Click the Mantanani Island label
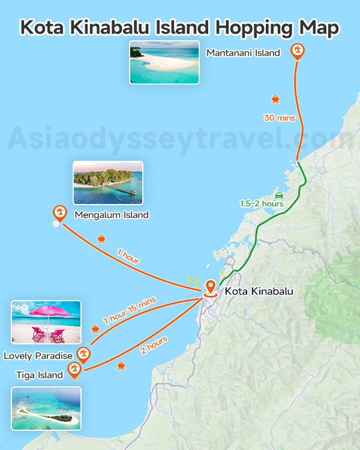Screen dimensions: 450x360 click(x=243, y=53)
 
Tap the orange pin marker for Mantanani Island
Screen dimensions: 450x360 click(x=297, y=51)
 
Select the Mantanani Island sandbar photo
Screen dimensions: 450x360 click(x=164, y=62)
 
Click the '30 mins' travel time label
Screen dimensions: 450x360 click(x=280, y=118)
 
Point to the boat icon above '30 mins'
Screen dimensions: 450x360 click(x=275, y=99)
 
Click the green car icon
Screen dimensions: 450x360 click(x=278, y=196)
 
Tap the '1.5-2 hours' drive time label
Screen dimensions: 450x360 click(x=262, y=204)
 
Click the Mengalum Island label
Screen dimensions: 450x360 click(x=112, y=215)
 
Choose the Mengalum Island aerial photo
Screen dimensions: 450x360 click(x=108, y=183)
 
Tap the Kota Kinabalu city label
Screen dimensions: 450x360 click(x=259, y=292)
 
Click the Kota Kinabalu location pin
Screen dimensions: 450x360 click(x=210, y=288)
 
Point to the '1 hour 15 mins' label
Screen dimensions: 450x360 click(x=130, y=310)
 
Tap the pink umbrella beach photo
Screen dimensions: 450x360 click(x=46, y=322)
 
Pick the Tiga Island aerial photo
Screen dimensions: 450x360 click(x=46, y=409)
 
